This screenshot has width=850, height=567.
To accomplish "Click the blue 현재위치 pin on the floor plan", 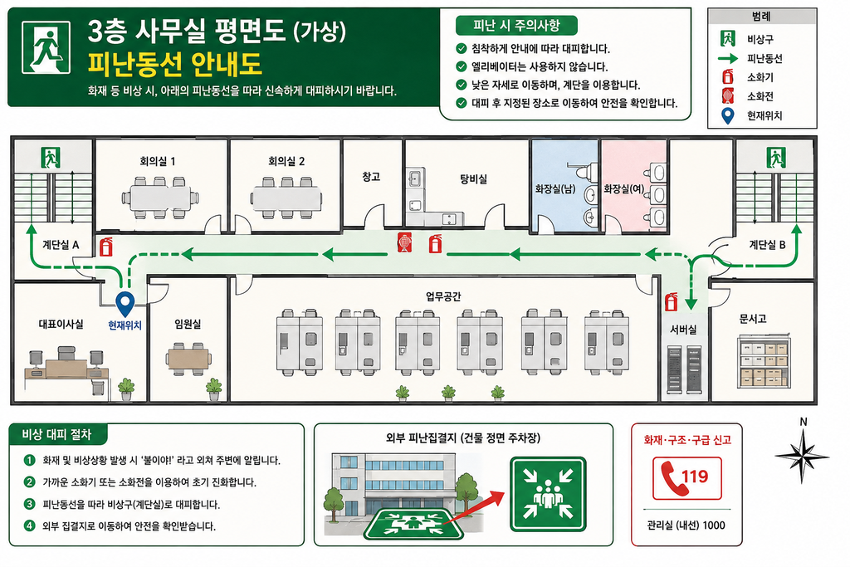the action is [x=125, y=304].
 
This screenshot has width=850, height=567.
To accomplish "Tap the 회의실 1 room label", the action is [x=157, y=161].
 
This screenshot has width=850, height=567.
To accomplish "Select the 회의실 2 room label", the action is [x=286, y=161].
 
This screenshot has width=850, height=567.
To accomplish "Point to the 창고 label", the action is [x=371, y=177].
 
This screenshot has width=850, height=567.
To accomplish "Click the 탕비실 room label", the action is [x=473, y=178].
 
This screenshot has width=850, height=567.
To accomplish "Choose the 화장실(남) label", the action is [x=555, y=188].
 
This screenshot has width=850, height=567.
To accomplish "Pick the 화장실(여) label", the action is [x=624, y=188].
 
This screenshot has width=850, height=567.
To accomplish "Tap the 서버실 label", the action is [x=683, y=329].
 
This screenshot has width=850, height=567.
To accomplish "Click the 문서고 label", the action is [x=753, y=319].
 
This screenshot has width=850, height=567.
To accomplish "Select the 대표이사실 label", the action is [x=61, y=324].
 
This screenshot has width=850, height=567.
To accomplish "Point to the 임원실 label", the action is [x=188, y=324].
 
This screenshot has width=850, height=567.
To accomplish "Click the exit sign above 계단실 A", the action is [x=51, y=157].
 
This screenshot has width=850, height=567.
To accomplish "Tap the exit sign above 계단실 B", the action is [x=776, y=157].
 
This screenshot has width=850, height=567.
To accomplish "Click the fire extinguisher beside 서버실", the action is [x=672, y=301].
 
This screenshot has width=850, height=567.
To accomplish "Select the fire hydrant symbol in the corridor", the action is [x=404, y=242].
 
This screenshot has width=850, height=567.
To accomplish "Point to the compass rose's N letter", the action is [x=804, y=422].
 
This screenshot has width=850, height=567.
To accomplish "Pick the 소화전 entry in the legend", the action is [x=760, y=96].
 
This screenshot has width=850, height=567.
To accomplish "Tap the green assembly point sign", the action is [x=548, y=494].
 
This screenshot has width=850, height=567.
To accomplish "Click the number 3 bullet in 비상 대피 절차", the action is [x=29, y=504].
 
